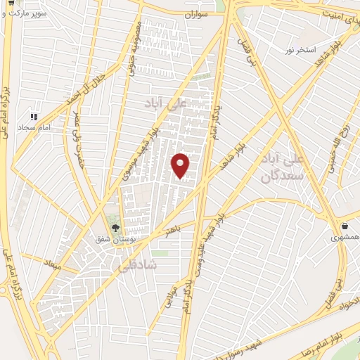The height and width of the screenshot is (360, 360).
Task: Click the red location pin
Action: click(181, 166)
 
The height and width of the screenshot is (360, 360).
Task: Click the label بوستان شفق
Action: click(112, 239)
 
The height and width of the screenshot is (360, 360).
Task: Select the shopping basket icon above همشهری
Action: click(345, 226)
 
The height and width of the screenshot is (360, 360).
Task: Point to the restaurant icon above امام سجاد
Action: click(32, 117)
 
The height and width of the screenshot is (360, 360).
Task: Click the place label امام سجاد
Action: click(31, 128)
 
